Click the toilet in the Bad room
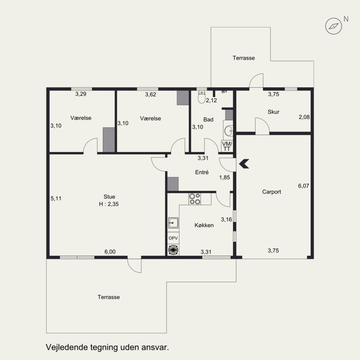(x=202, y=97)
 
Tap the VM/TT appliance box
(x=227, y=146)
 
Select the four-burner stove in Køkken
(x=194, y=199)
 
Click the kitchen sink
(x=173, y=223)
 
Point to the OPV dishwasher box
(x=173, y=238)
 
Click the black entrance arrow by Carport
(x=244, y=164)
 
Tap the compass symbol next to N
(x=333, y=26)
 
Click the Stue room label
(x=109, y=197)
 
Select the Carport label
(x=272, y=192)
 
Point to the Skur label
(x=274, y=112)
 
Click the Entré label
(x=202, y=172)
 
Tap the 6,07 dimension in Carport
(x=303, y=186)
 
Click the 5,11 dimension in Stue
(x=56, y=198)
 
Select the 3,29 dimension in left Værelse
(x=81, y=94)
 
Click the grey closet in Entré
(x=173, y=184)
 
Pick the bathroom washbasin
(x=229, y=131)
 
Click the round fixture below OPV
(x=173, y=250)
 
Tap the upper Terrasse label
(x=243, y=58)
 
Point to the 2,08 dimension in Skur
(x=304, y=117)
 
